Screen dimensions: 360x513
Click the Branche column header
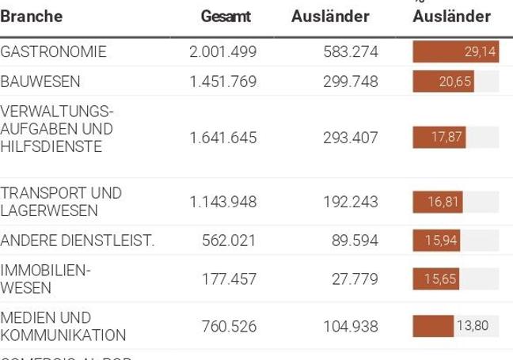point(32,16)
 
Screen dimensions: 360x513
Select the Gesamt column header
point(226,16)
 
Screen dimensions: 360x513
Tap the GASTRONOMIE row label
point(53,52)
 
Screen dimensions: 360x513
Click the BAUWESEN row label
point(40,81)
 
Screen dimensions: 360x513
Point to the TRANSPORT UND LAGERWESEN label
point(61,202)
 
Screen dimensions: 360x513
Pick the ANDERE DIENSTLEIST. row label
point(78,241)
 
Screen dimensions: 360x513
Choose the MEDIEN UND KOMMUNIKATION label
point(63,326)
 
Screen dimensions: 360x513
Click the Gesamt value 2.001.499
point(223,52)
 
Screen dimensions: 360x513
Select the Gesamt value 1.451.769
point(223,81)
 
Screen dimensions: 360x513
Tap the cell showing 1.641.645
point(223,138)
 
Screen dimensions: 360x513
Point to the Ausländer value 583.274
point(351,52)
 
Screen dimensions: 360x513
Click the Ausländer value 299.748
point(351,81)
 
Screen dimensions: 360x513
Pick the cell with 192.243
point(351,202)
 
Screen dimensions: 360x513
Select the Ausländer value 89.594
point(355,241)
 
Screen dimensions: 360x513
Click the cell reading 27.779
point(355,279)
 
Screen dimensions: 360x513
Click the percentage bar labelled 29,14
point(455,52)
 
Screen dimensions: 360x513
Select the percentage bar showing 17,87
point(439,138)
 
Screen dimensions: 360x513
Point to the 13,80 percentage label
point(472,326)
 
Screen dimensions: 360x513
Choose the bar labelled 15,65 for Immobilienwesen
point(436,279)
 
